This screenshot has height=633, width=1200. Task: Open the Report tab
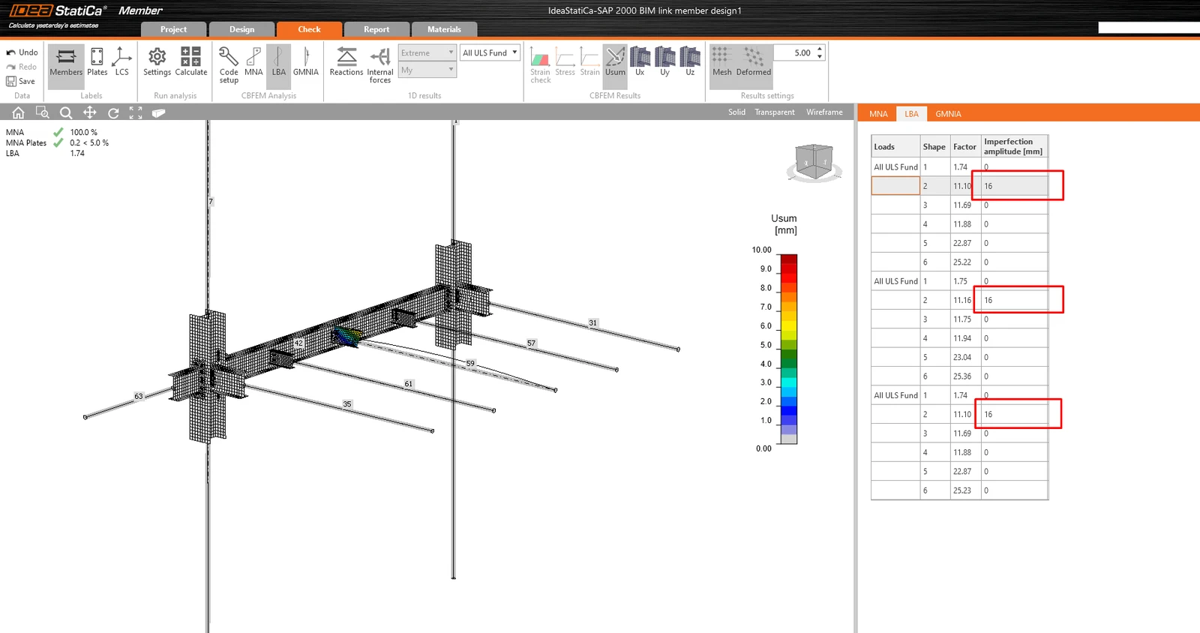click(376, 29)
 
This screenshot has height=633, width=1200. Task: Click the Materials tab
click(444, 29)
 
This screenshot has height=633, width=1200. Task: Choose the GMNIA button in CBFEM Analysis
click(305, 61)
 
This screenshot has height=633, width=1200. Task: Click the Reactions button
click(346, 61)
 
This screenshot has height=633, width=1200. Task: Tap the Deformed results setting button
click(753, 61)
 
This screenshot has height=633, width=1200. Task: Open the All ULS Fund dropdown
click(490, 52)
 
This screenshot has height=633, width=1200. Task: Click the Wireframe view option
click(824, 112)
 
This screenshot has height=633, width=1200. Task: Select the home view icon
click(18, 112)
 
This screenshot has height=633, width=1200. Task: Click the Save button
click(22, 82)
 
